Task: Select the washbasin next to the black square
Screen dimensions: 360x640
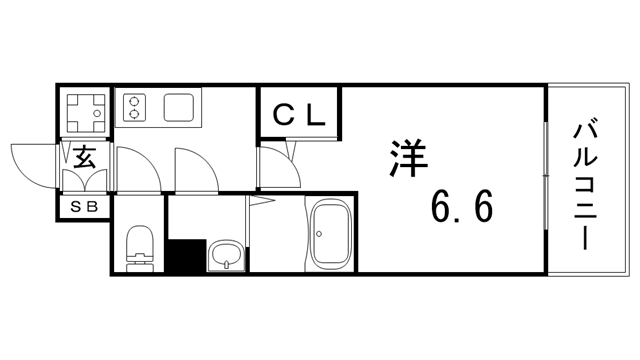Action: click(x=227, y=256)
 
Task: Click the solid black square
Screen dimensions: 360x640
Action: click(x=184, y=257)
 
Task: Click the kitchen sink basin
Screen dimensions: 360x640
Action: click(x=181, y=107)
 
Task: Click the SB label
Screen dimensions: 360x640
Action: click(x=83, y=208)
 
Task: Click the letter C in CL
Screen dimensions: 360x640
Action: click(x=284, y=114)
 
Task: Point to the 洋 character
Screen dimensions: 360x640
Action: click(x=404, y=158)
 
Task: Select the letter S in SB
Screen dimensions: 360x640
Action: click(x=75, y=208)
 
